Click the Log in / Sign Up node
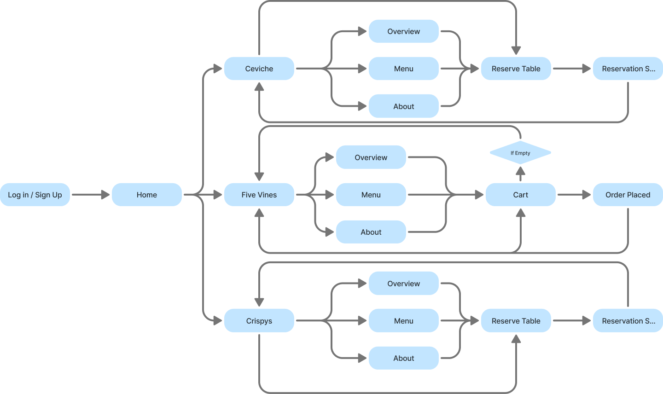click(x=35, y=195)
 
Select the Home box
click(x=146, y=195)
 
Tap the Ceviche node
click(x=259, y=69)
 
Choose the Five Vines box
click(x=259, y=195)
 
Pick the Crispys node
click(x=259, y=321)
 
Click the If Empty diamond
click(x=520, y=153)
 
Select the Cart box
click(x=520, y=195)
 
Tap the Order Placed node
click(x=628, y=195)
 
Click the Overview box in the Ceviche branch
click(x=403, y=31)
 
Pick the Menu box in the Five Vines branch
click(x=371, y=195)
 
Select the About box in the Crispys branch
click(x=403, y=358)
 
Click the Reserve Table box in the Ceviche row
click(x=516, y=69)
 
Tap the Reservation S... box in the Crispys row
click(x=628, y=321)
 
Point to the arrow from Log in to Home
click(x=91, y=195)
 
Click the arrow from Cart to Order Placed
click(x=574, y=195)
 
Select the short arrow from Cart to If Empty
click(x=520, y=174)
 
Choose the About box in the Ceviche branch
click(x=403, y=106)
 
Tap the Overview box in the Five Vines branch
click(x=371, y=157)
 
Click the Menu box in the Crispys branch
click(x=403, y=321)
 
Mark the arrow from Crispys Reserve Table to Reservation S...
click(x=571, y=321)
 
